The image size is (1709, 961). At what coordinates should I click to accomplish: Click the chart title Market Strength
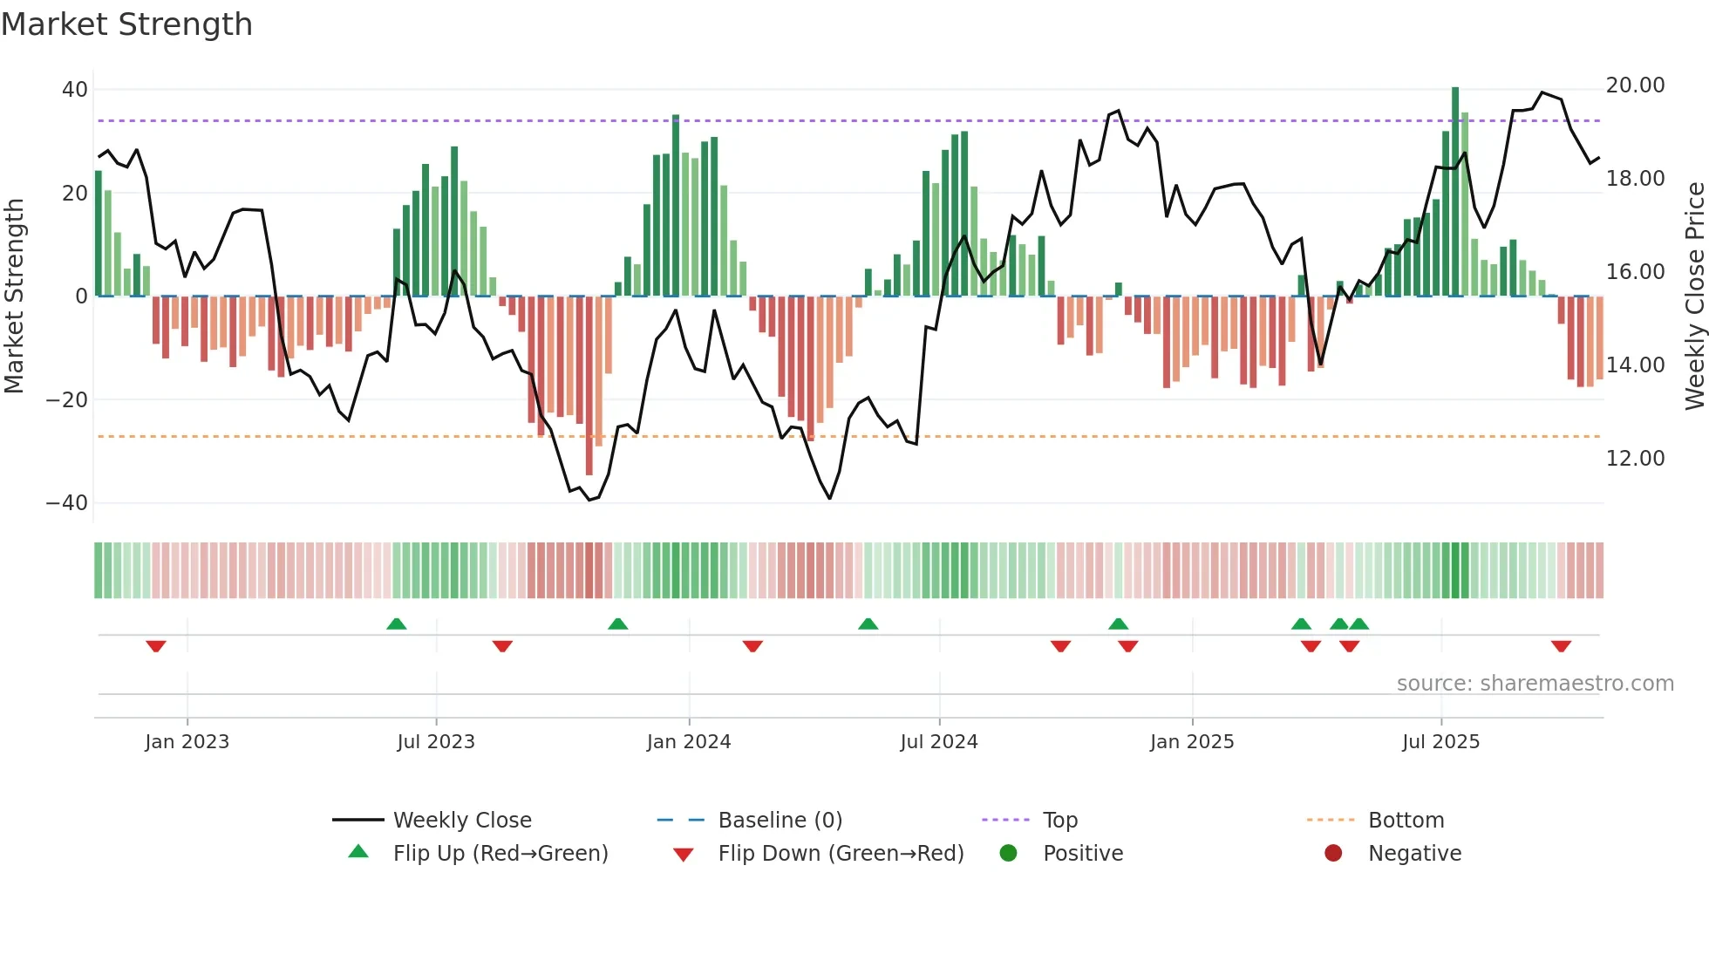tap(126, 24)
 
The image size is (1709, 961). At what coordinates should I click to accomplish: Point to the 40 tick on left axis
tap(75, 90)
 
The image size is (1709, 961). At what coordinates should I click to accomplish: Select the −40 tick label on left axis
tap(67, 503)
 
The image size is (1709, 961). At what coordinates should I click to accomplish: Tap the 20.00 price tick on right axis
tap(1635, 85)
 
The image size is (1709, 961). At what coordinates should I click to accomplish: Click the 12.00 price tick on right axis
tap(1635, 459)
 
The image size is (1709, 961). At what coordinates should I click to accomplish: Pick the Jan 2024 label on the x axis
tap(688, 742)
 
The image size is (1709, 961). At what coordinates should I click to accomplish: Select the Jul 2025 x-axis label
tap(1440, 742)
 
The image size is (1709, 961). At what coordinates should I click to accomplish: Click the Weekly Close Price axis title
tap(1694, 296)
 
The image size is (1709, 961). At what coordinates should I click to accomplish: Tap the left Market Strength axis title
tap(15, 296)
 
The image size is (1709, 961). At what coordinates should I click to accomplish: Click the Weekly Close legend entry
tap(461, 821)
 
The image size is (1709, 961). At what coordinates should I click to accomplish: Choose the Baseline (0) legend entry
tap(780, 821)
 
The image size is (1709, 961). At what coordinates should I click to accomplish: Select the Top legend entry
tap(1059, 821)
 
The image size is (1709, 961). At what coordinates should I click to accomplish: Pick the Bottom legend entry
tap(1406, 821)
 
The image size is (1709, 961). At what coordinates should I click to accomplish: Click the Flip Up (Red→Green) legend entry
tap(500, 854)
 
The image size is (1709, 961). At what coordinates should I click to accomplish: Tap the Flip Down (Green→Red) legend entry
tap(841, 854)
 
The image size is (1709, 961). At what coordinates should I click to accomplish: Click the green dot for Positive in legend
tap(1008, 854)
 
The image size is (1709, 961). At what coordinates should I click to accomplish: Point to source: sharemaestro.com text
tap(1535, 684)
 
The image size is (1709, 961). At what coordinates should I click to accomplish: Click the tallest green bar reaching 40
tap(1454, 192)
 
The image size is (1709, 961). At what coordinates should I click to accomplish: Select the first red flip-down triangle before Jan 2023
tap(156, 646)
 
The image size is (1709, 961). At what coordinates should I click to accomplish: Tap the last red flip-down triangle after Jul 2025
tap(1561, 646)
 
